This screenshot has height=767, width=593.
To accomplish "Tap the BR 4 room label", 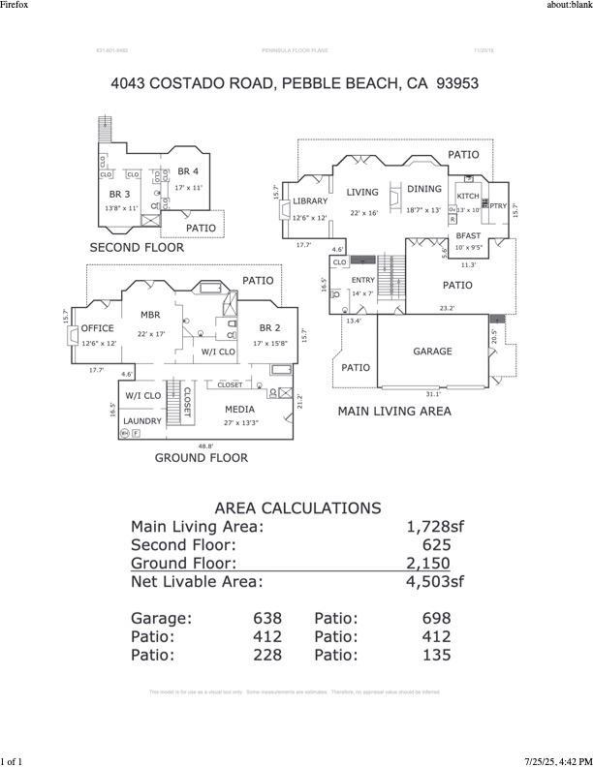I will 188,172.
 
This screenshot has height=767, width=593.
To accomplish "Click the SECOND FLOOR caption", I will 137,248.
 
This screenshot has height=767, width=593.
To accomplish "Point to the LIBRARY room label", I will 311,201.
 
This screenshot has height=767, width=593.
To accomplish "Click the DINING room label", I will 423,190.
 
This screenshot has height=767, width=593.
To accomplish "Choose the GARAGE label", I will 432,352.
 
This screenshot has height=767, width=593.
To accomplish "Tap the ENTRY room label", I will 362,280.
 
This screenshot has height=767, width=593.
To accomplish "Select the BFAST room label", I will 469,235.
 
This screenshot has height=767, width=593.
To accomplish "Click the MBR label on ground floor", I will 150,315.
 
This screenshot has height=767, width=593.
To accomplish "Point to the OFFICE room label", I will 98,329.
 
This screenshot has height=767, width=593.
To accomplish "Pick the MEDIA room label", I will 239,410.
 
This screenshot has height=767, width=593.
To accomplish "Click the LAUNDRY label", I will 142,421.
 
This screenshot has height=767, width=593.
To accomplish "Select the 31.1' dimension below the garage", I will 432,394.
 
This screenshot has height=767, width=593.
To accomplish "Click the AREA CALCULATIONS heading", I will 297,508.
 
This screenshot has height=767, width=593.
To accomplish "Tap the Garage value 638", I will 267,618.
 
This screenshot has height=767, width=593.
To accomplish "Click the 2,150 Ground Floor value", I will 428,563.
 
